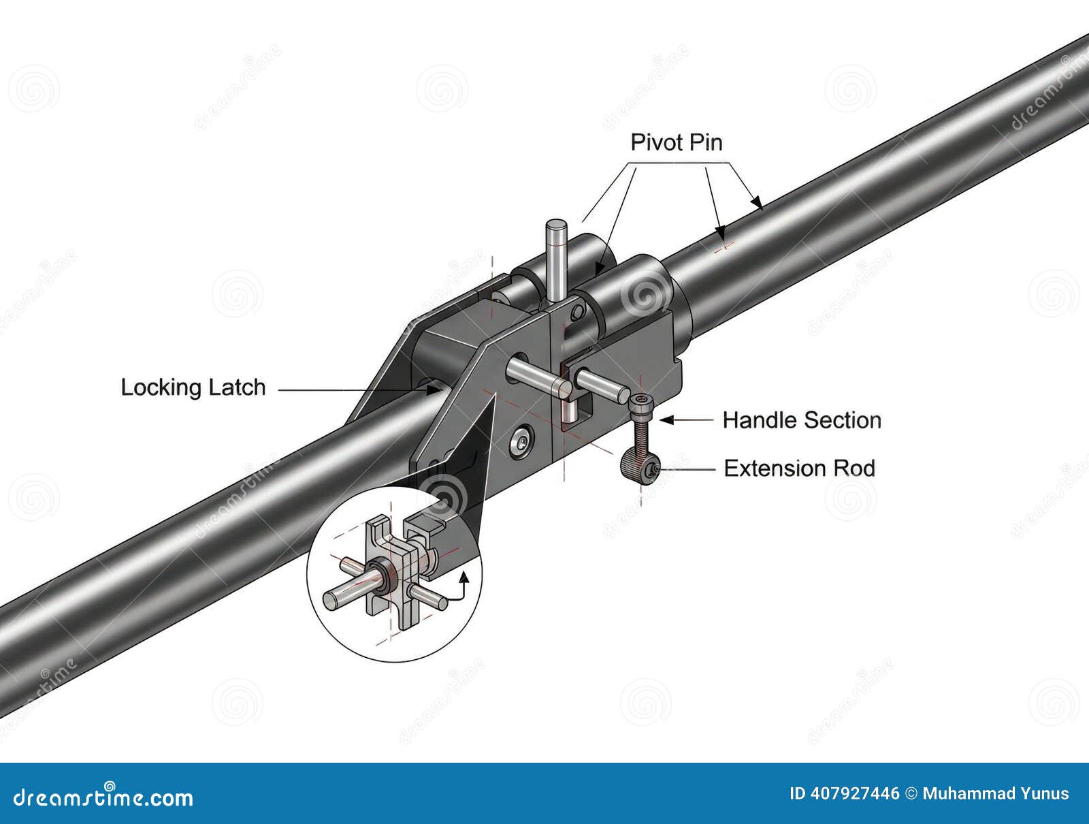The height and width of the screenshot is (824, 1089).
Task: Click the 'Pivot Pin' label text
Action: click(677, 142)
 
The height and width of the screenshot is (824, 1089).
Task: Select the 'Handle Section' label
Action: click(802, 420)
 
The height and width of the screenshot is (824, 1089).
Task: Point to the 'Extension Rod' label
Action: click(799, 469)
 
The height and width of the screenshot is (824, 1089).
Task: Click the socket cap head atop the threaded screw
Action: click(640, 403)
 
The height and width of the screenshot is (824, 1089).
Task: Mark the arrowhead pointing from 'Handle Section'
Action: click(666, 420)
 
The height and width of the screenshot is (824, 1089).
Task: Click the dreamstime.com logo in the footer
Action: click(103, 796)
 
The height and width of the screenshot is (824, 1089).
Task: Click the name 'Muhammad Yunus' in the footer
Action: click(996, 794)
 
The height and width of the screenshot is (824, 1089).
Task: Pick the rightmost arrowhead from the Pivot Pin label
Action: click(757, 203)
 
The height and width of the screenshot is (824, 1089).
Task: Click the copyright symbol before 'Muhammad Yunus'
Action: click(911, 794)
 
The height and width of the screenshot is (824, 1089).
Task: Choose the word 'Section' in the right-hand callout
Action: click(843, 420)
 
